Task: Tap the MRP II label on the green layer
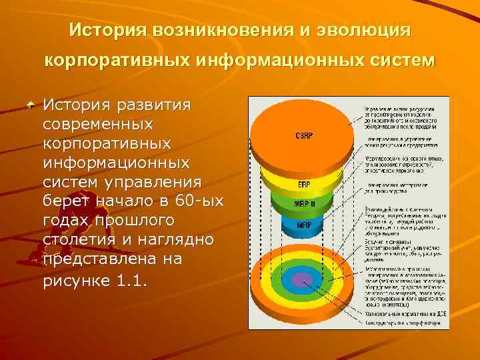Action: (304, 204)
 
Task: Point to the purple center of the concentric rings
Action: (303, 280)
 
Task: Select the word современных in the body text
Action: (98, 125)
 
